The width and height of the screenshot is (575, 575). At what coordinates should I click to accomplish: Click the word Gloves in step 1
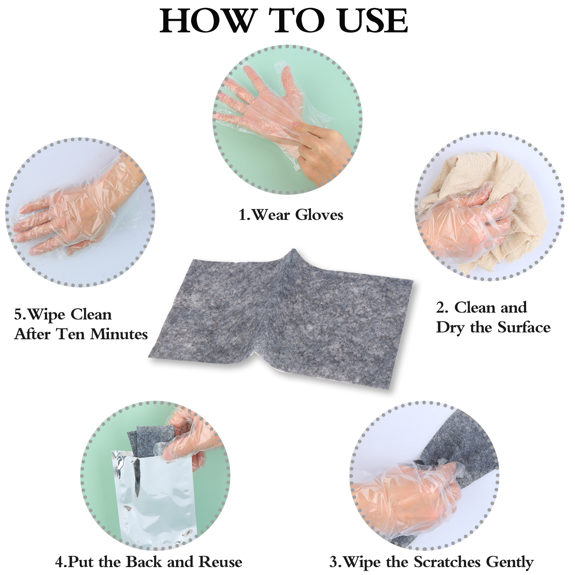[319, 215]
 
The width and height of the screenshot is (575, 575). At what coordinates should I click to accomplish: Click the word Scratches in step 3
[448, 561]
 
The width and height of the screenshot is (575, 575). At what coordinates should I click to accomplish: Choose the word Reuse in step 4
[221, 562]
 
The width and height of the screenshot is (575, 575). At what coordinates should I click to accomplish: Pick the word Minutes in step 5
[119, 334]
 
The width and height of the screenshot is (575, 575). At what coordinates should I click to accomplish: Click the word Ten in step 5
[71, 334]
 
